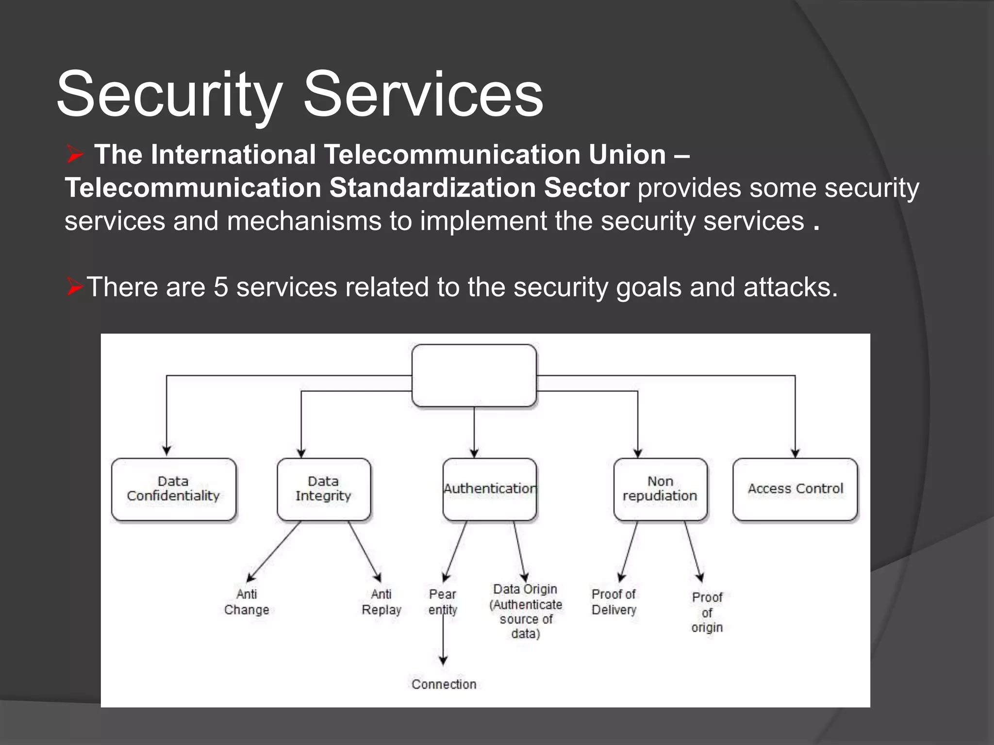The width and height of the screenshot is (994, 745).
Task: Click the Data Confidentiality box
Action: coord(173,489)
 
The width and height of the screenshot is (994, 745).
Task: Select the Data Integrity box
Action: coord(324,489)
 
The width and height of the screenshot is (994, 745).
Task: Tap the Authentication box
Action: coord(489,489)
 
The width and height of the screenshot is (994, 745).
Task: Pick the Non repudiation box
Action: coord(660,489)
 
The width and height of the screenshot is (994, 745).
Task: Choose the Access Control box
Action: coord(795,489)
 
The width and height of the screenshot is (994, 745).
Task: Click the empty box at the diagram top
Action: coord(474,375)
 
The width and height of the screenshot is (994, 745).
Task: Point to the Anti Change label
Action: coord(247,602)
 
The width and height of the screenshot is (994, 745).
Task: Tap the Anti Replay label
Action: coord(381,602)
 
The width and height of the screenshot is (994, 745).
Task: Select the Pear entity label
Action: coord(443,602)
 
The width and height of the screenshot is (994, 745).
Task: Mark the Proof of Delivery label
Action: coord(613,602)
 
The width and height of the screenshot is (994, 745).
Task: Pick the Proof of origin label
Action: coord(707,612)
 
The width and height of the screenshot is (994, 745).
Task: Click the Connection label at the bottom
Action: coord(444,684)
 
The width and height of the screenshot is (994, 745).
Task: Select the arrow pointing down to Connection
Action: coord(443,645)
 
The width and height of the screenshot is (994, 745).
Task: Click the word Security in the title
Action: coord(169,95)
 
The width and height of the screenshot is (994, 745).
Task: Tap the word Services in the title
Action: coord(423,95)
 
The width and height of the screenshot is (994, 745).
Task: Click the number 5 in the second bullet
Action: coord(221,287)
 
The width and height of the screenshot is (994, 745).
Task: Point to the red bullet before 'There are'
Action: coord(75,287)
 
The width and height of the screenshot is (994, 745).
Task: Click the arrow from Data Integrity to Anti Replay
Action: coord(365,552)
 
